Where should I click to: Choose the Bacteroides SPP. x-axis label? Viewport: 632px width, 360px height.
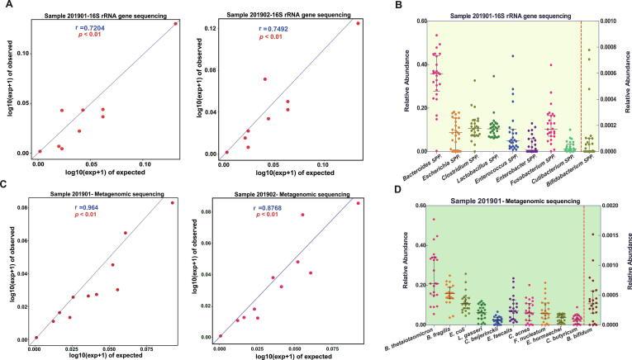[x=429, y=168]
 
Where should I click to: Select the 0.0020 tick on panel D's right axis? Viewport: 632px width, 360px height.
[x=608, y=206]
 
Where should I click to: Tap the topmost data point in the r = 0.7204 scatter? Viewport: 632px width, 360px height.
[x=176, y=24]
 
